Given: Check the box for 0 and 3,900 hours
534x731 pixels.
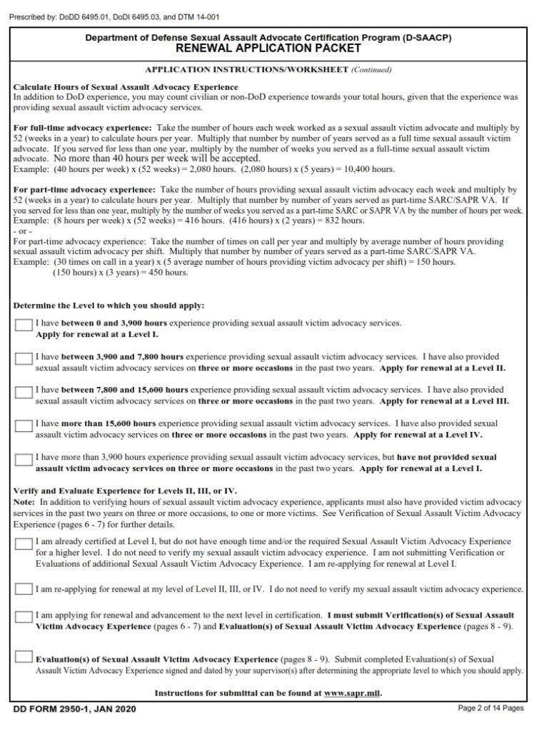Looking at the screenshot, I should [24, 326].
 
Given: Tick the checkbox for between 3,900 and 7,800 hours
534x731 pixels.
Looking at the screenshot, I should [24, 358].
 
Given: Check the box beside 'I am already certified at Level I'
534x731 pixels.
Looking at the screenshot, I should [24, 544].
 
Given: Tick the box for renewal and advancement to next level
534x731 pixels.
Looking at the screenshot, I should [24, 616].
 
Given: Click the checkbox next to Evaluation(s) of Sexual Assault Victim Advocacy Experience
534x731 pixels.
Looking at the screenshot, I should [24, 657].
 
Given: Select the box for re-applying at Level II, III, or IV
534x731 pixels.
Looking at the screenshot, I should [24, 589].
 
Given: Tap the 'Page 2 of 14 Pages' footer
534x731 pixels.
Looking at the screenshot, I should [490, 708].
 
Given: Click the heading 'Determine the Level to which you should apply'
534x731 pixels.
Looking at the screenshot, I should [109, 306].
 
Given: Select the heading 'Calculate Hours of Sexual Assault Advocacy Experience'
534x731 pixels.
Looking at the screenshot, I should [106, 86].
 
